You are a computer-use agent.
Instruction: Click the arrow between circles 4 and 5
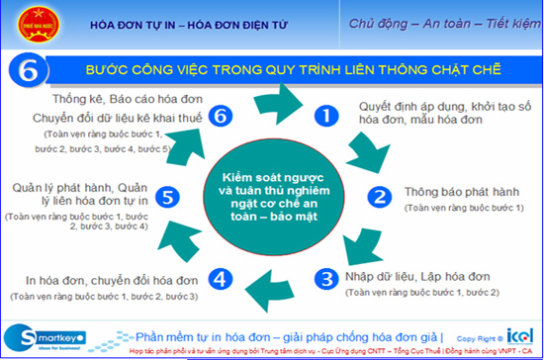181,241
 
